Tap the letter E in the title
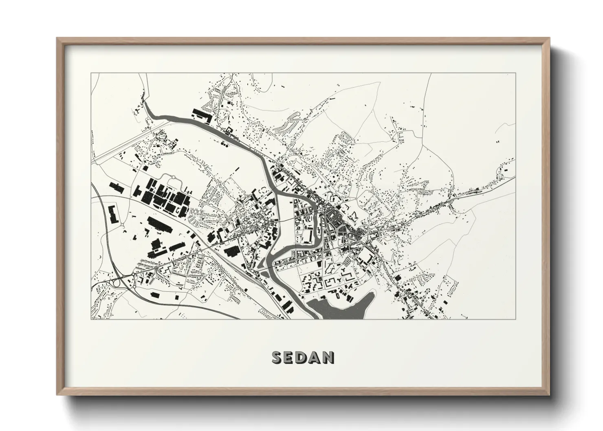click(x=290, y=357)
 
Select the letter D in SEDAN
click(x=304, y=357)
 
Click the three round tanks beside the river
click(x=224, y=143)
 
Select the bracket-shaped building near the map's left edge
click(x=112, y=213)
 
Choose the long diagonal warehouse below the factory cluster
click(x=160, y=225)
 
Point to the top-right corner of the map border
click(x=515, y=73)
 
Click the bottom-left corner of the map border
click(x=91, y=319)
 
